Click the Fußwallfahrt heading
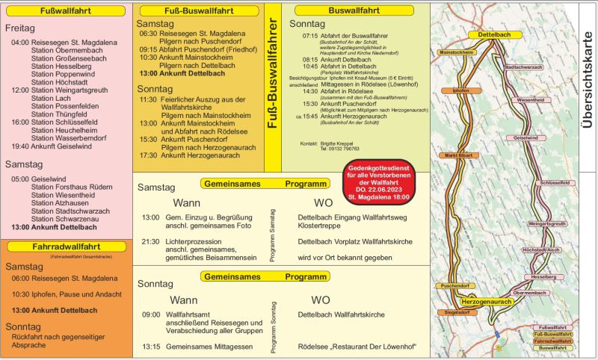pyautogui.click(x=66, y=11)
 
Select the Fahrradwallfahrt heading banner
pyautogui.click(x=66, y=246)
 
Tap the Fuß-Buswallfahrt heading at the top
pyautogui.click(x=199, y=11)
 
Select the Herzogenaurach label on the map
pyautogui.click(x=487, y=300)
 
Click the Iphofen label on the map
pyautogui.click(x=461, y=90)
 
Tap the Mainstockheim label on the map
pyautogui.click(x=457, y=53)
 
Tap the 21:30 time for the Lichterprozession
pyautogui.click(x=151, y=242)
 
